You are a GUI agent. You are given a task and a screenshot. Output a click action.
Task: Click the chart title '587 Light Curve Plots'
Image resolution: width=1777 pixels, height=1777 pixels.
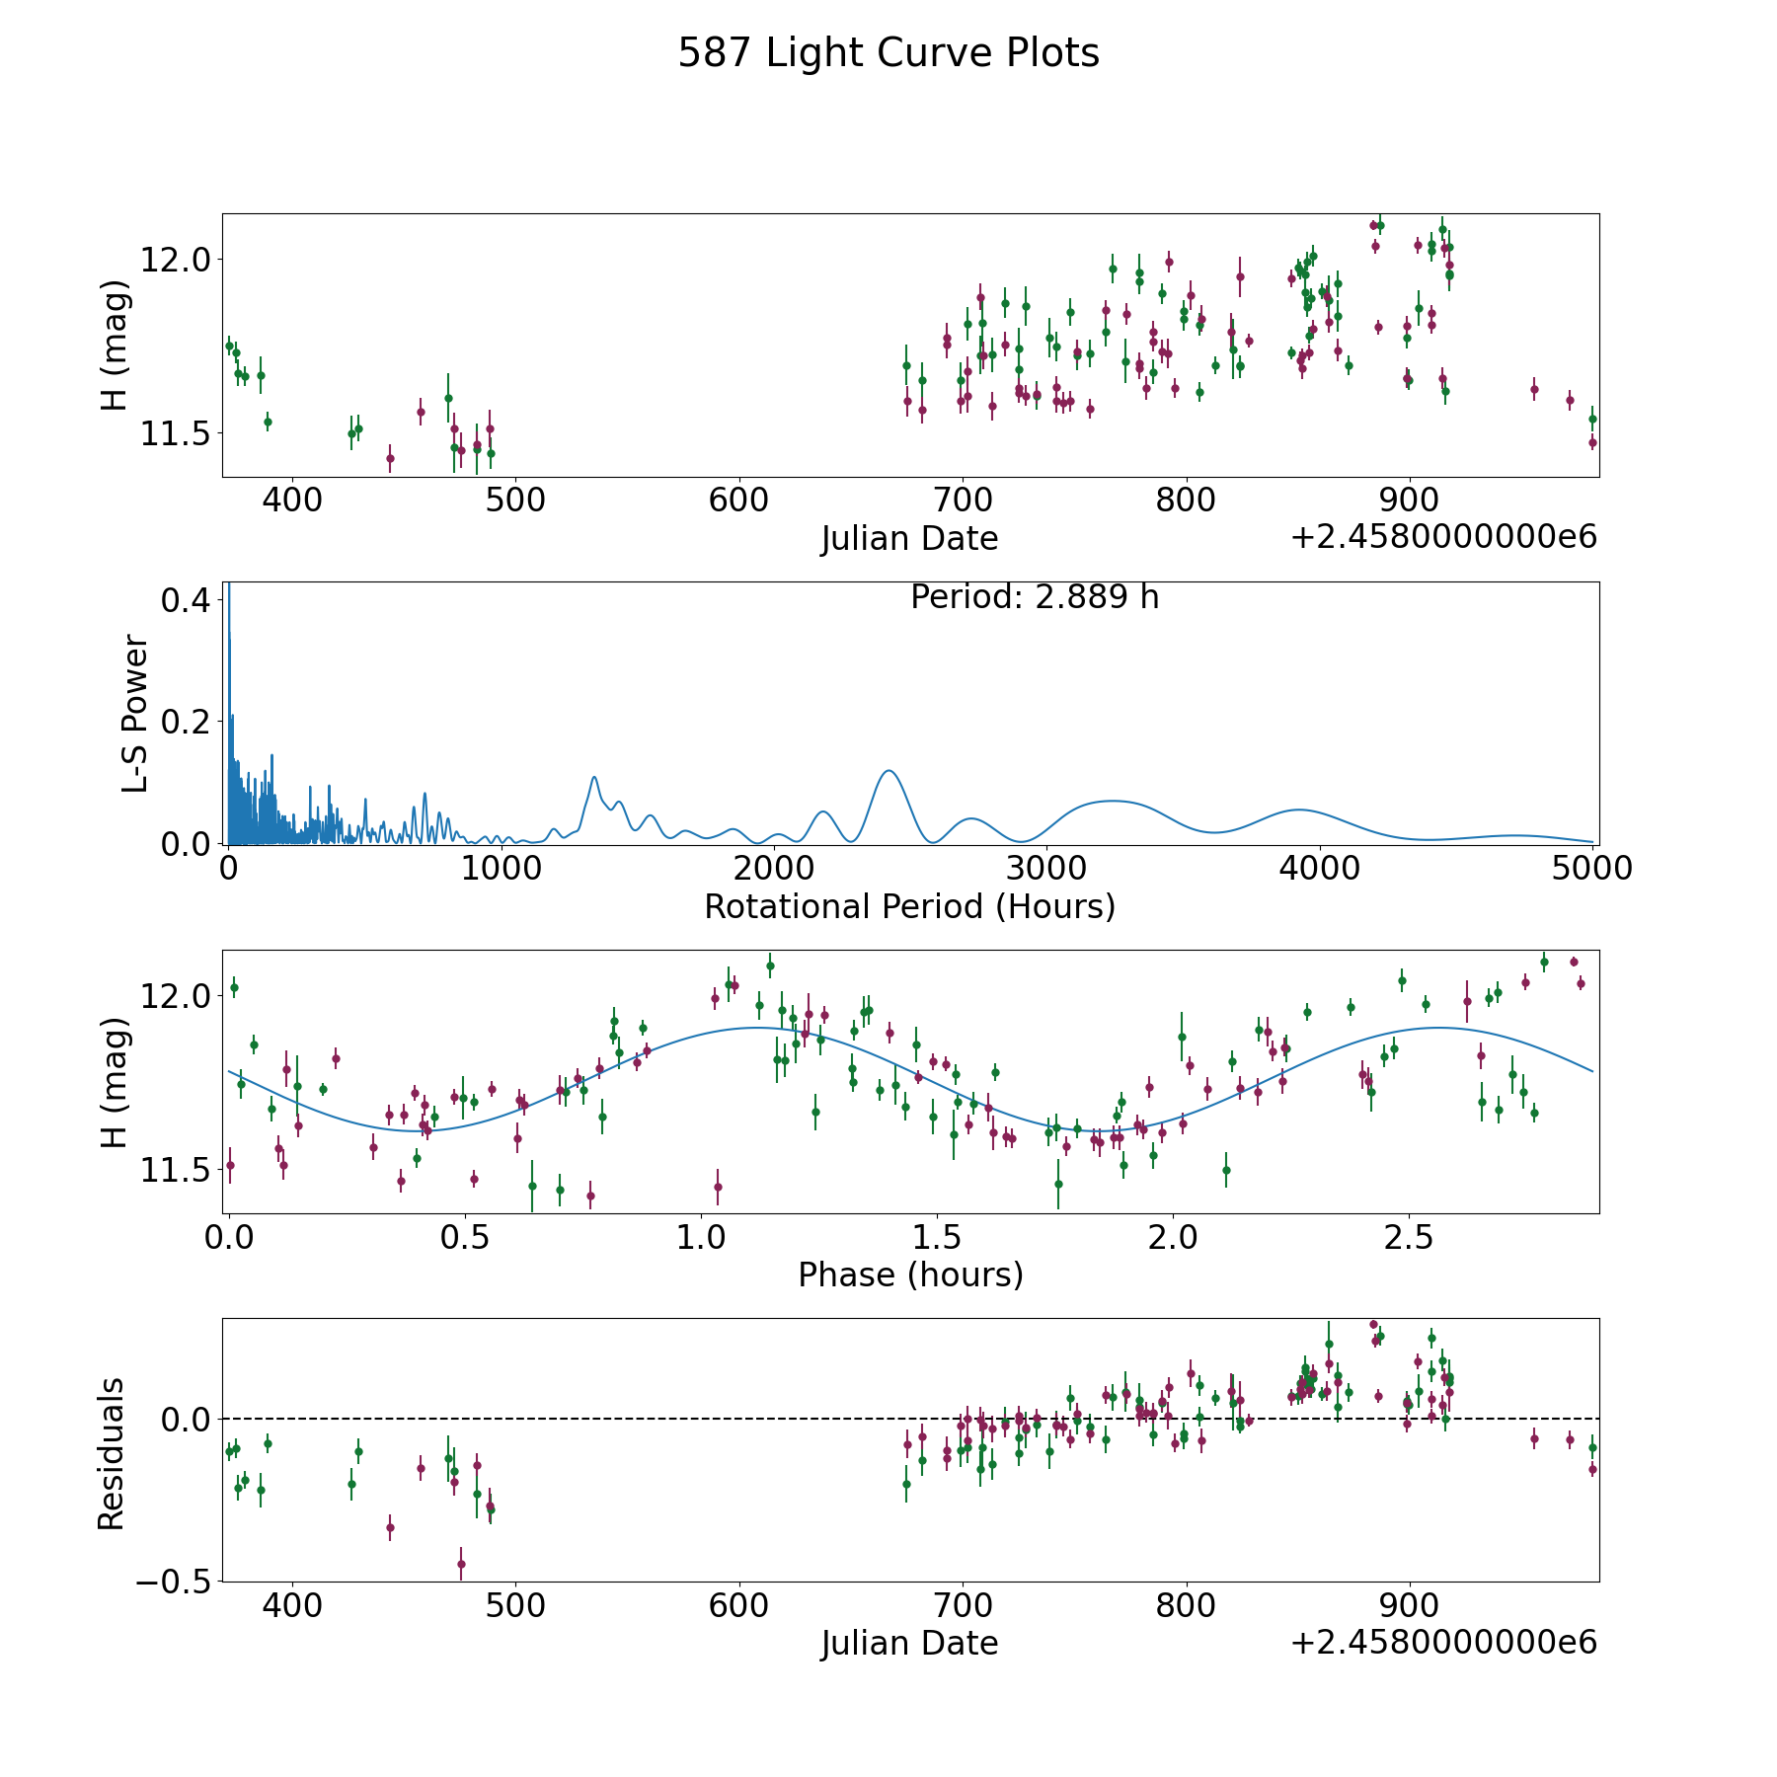point(888,53)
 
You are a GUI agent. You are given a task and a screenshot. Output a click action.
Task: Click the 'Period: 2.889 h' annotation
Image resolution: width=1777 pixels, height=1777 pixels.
point(1035,597)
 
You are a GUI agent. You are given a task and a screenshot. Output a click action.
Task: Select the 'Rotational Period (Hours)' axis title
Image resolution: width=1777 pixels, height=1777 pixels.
point(909,906)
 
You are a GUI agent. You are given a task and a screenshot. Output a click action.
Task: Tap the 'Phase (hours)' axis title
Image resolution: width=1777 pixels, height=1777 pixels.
point(910,1275)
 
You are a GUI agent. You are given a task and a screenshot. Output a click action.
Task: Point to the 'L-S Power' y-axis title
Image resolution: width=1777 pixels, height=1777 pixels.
point(135,713)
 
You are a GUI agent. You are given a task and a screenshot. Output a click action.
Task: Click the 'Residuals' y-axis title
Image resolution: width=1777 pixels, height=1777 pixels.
point(112,1453)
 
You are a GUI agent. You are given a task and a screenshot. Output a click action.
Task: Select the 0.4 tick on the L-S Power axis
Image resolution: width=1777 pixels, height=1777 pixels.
point(185,600)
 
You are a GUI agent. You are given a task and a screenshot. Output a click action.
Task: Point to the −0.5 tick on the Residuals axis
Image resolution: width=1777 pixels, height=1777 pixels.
point(173,1582)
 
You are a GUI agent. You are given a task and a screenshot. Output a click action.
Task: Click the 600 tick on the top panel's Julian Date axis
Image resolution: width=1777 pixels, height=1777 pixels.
point(738,500)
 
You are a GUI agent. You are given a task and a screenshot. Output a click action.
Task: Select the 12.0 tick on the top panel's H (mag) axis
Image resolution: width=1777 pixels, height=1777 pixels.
point(176,260)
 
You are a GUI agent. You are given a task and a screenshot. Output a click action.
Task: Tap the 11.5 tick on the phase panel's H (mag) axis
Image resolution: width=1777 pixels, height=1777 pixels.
point(176,1170)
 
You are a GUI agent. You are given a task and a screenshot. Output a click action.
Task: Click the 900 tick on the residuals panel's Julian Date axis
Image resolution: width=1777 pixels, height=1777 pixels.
point(1409,1604)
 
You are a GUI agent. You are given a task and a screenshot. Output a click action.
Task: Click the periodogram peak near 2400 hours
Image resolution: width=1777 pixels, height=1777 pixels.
point(888,770)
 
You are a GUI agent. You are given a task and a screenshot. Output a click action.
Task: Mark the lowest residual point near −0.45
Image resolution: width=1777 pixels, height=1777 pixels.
point(461,1564)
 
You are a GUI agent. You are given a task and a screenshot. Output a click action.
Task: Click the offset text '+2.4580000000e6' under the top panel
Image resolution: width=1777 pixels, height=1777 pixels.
point(1443,537)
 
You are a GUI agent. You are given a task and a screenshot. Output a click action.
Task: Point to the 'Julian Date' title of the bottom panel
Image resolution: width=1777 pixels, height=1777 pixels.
point(909,1643)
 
